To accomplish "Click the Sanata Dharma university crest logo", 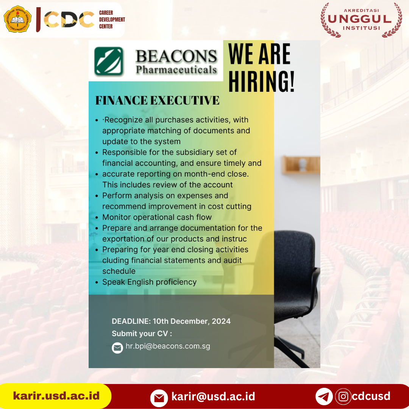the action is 17,19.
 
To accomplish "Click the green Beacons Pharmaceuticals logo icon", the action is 109,61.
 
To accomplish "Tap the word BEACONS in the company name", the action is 176,56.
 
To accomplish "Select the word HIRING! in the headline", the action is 261,81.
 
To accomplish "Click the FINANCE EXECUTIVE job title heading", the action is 157,100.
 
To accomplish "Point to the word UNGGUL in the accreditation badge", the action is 360,19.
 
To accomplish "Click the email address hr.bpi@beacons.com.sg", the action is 168,346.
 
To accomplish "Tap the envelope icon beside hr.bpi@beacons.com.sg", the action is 117,348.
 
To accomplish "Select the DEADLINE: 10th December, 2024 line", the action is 171,321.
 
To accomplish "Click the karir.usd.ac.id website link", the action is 56,396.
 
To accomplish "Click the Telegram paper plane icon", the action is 324,397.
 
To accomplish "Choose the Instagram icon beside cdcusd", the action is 343,397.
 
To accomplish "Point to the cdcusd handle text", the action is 371,396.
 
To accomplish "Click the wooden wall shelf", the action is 301,165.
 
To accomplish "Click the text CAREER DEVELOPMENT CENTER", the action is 112,20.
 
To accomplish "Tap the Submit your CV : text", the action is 142,334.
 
